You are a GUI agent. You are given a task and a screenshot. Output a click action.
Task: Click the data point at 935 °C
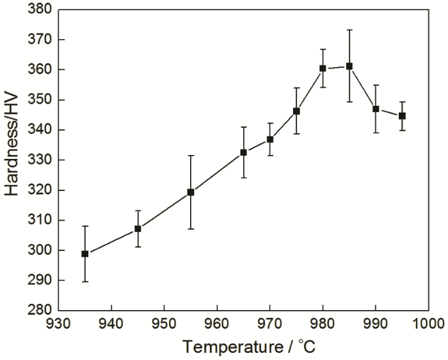click(x=85, y=254)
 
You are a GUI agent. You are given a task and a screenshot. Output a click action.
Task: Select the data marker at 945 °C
click(x=138, y=229)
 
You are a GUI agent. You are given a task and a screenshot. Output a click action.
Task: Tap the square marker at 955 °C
click(x=191, y=192)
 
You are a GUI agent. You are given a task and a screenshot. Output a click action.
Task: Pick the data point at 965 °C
click(x=244, y=152)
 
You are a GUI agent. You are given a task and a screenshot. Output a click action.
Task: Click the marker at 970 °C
click(x=270, y=139)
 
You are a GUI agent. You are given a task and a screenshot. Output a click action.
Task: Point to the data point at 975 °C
click(x=296, y=111)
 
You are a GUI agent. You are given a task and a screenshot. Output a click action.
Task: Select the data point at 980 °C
click(x=323, y=68)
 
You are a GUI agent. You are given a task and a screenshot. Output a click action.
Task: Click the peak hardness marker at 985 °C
click(x=349, y=66)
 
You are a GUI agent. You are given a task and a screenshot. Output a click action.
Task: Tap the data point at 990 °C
click(x=376, y=109)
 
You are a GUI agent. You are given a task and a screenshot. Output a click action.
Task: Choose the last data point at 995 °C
click(x=402, y=116)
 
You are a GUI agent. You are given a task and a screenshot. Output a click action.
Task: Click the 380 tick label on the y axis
click(x=40, y=10)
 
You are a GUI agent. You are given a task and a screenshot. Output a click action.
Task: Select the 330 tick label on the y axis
click(x=40, y=160)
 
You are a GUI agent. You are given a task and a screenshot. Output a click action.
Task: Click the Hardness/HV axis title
click(x=13, y=160)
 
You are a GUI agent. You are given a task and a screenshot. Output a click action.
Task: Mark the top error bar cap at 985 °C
click(x=349, y=30)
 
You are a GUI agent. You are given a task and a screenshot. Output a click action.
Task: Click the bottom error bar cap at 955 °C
click(x=191, y=229)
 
